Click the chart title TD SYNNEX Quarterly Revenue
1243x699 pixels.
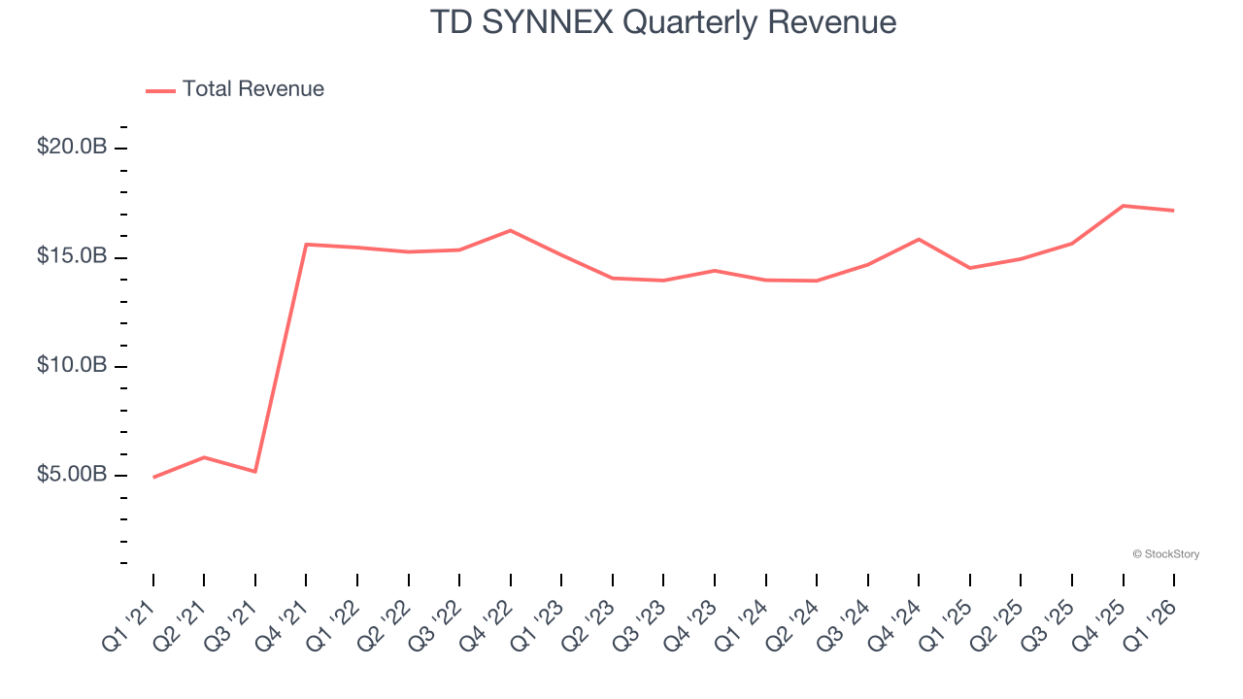[662, 22]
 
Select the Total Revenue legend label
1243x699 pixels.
[252, 89]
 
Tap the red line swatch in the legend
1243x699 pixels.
[160, 90]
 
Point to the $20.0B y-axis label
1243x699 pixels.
[72, 148]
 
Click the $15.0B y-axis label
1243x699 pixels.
[72, 257]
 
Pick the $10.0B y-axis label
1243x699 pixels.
[72, 366]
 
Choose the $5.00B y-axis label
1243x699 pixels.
[72, 475]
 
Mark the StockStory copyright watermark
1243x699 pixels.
[1165, 554]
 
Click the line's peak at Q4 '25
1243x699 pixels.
[1124, 206]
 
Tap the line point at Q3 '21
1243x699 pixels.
[255, 472]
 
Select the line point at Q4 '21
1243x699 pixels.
[306, 244]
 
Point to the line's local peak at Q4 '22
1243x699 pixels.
[511, 230]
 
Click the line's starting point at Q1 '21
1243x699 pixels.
[153, 478]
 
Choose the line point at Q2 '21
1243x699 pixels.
[204, 457]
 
